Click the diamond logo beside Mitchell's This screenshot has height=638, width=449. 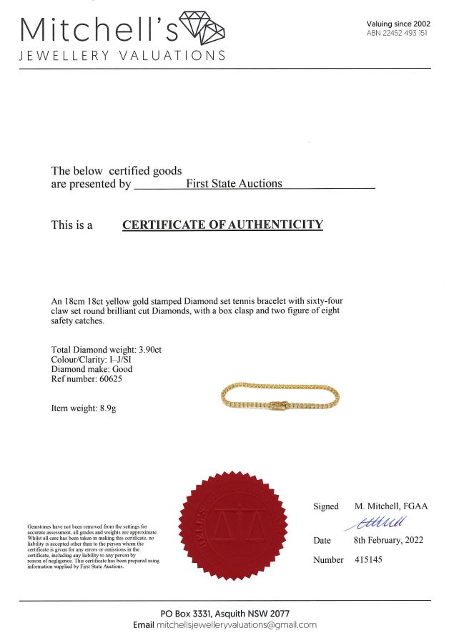click(202, 28)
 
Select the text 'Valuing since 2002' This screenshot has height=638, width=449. click(398, 24)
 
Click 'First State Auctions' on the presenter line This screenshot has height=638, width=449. click(234, 183)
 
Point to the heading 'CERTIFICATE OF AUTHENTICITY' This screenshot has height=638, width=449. click(222, 225)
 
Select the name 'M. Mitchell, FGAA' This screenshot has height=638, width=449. click(391, 506)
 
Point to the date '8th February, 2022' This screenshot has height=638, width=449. click(389, 541)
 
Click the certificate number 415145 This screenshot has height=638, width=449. click(368, 559)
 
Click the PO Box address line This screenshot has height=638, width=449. click(224, 614)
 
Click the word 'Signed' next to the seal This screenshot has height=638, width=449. click(325, 506)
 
